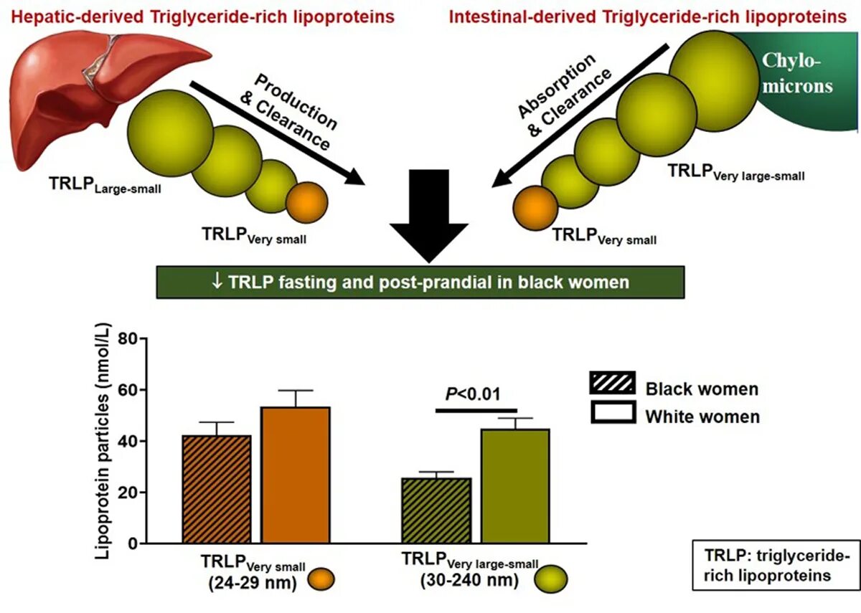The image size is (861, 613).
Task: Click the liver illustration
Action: [x=93, y=100]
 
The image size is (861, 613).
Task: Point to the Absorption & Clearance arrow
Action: [x=581, y=115]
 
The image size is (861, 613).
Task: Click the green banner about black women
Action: [x=420, y=282]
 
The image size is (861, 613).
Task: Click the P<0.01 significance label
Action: [x=474, y=394]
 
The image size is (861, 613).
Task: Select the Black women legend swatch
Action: [x=612, y=384]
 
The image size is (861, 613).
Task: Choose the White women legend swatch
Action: [x=612, y=412]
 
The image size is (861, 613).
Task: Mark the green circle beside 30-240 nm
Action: [x=552, y=577]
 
